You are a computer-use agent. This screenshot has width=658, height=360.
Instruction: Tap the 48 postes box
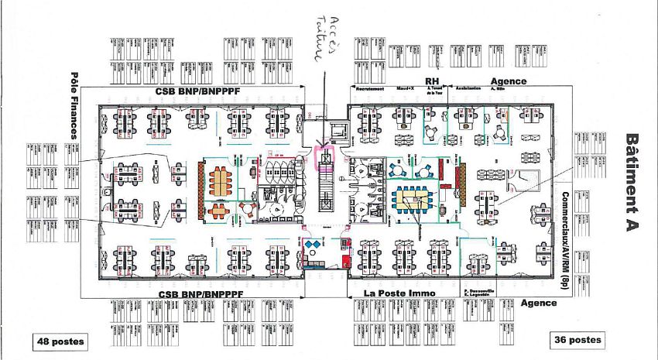click(60, 341)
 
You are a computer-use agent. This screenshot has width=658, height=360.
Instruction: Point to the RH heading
click(432, 81)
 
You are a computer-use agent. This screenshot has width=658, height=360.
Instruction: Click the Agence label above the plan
click(509, 81)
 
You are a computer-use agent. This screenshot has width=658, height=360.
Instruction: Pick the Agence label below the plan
click(538, 303)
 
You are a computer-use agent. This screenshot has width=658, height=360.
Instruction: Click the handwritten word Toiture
click(316, 48)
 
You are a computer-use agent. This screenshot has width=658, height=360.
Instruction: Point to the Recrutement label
click(371, 88)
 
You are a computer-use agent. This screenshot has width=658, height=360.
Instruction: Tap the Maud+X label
click(406, 88)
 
